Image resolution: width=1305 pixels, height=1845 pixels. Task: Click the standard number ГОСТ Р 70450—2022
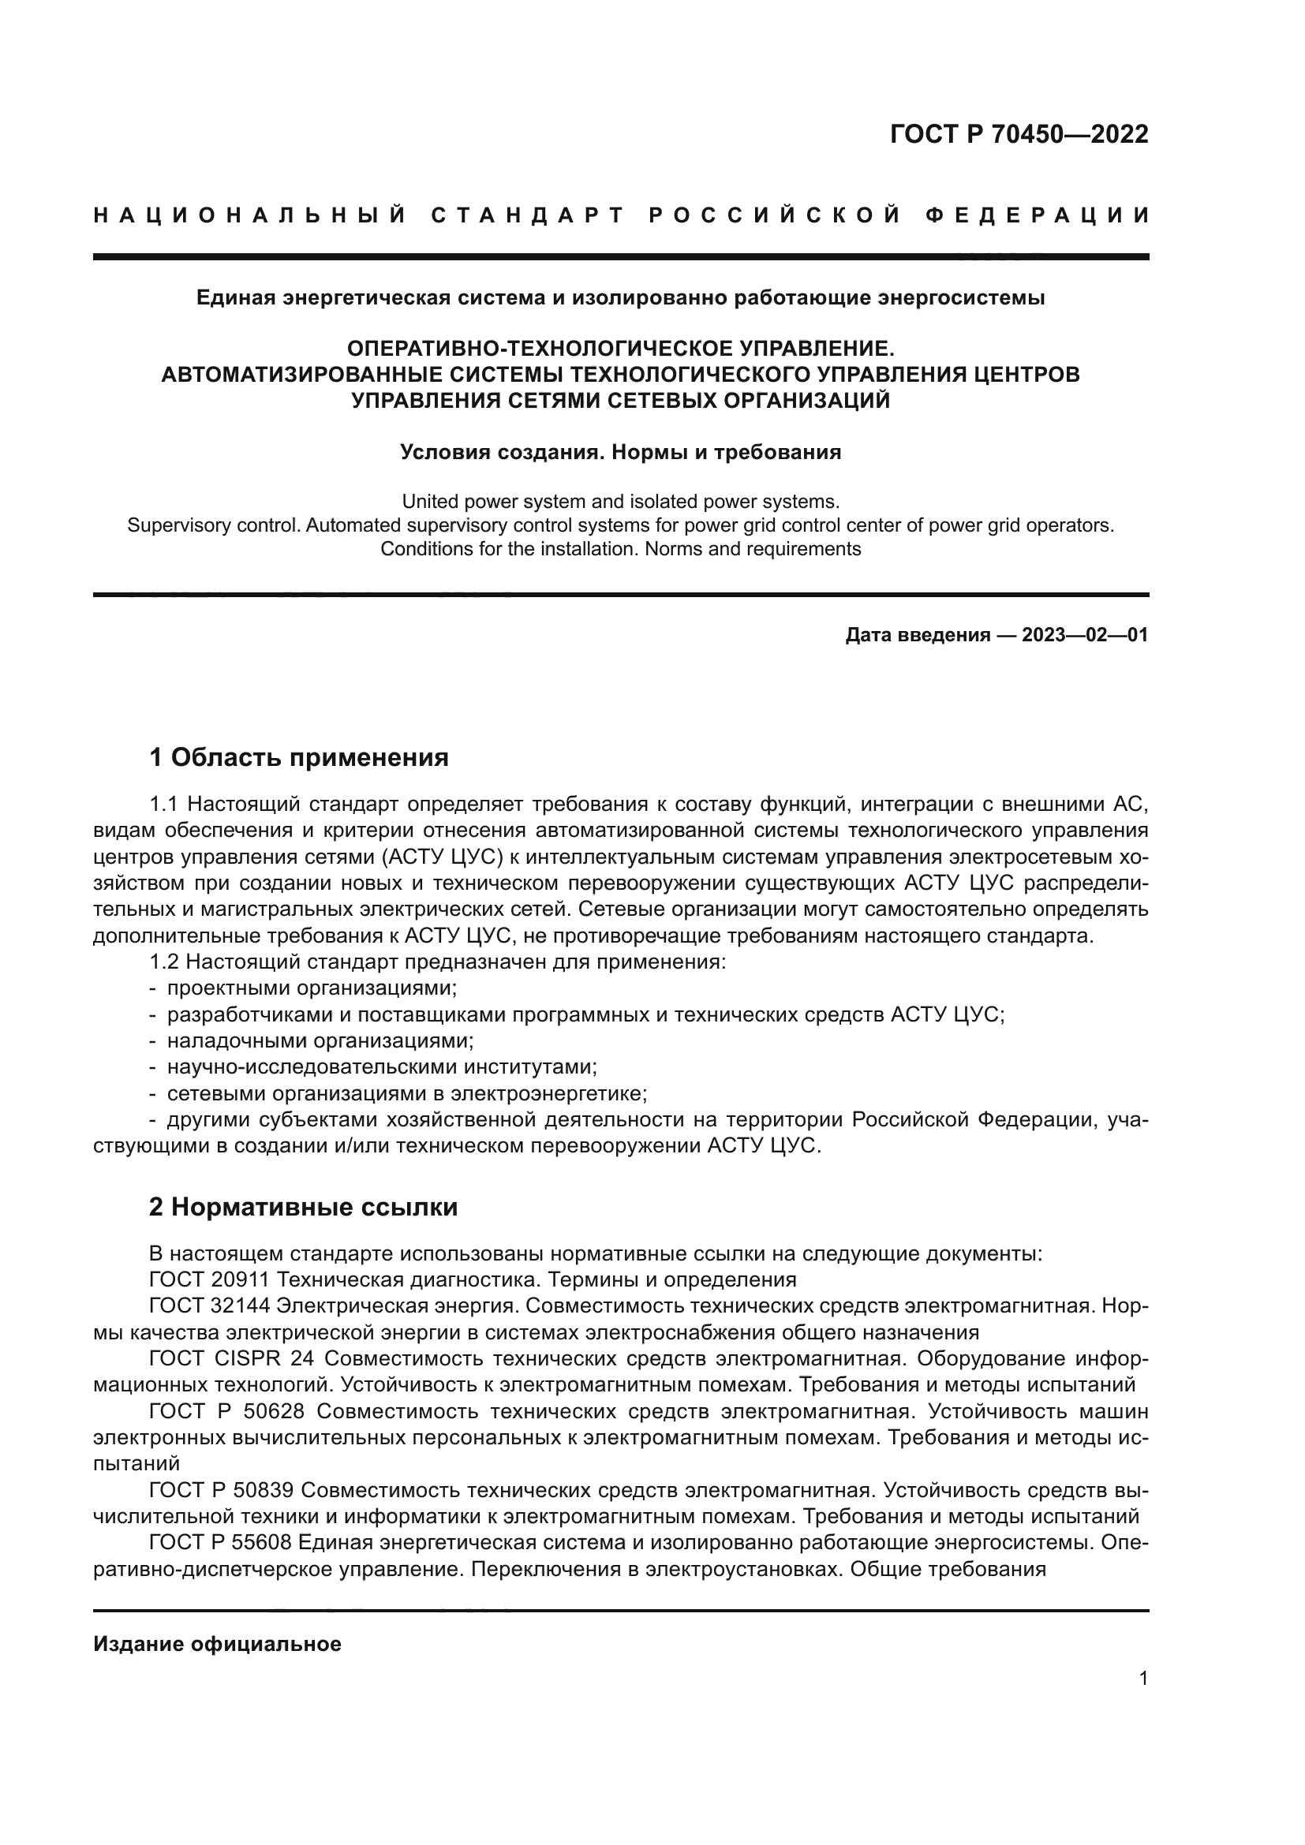[1018, 134]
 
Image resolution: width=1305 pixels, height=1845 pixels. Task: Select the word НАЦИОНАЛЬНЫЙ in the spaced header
[250, 215]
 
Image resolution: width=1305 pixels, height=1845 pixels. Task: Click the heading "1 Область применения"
[298, 757]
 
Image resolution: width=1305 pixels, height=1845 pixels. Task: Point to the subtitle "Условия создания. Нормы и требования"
[620, 453]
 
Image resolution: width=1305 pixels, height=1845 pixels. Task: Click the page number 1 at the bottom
[1142, 1679]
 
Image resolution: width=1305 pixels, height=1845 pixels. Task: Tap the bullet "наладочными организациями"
[320, 1040]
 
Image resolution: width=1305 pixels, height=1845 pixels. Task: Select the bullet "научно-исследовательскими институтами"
[382, 1067]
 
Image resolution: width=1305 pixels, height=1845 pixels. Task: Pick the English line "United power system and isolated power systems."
[620, 502]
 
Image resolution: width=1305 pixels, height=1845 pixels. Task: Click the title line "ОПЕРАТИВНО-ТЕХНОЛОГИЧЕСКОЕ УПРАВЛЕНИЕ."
[620, 349]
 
